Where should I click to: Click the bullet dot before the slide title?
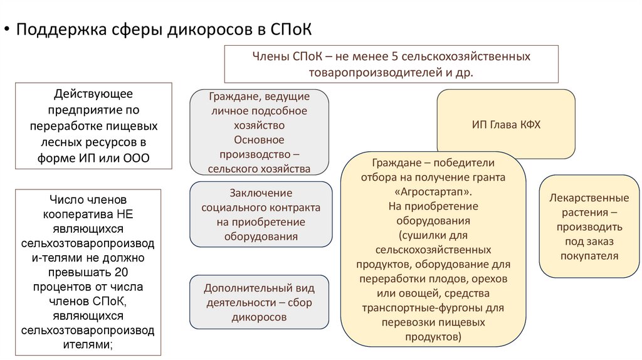(x=6, y=31)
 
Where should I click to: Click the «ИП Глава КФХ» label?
(x=506, y=124)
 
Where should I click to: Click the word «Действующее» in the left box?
(x=93, y=94)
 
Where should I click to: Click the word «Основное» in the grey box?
(x=259, y=140)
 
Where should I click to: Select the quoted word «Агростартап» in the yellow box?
(x=433, y=191)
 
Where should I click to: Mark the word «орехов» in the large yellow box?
(x=490, y=278)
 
